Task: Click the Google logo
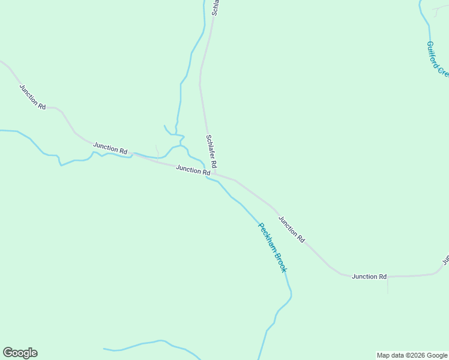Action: click(x=20, y=353)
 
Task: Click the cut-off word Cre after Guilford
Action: click(x=444, y=71)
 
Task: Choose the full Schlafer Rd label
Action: click(x=211, y=151)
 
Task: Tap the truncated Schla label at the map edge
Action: click(x=216, y=7)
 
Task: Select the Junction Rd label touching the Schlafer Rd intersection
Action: click(x=193, y=170)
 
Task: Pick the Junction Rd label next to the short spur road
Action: click(x=369, y=277)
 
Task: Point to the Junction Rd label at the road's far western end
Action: click(x=32, y=97)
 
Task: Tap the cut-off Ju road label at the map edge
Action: click(x=446, y=260)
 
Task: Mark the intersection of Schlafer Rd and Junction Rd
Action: click(x=214, y=174)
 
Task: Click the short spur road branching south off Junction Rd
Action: click(x=387, y=285)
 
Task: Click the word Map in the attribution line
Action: click(x=383, y=355)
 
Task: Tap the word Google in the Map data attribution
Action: click(x=437, y=355)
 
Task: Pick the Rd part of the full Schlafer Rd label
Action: click(x=213, y=163)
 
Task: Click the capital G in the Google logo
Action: click(x=8, y=353)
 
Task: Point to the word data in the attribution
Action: click(x=397, y=355)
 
